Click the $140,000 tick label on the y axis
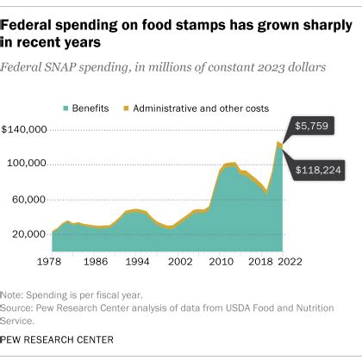tap(26, 129)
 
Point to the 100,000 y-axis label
tap(28, 164)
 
